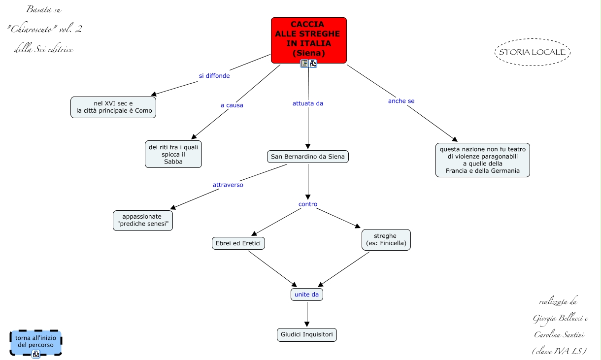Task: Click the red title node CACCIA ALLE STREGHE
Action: (308, 40)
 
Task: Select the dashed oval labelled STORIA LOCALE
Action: (533, 52)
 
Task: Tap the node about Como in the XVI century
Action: (113, 107)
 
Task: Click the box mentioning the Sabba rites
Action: (173, 154)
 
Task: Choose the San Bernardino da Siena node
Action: (308, 157)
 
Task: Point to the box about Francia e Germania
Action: (483, 160)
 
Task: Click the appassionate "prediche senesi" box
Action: (143, 221)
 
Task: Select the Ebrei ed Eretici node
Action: (238, 243)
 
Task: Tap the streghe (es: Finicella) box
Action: (386, 240)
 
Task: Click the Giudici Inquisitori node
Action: (307, 335)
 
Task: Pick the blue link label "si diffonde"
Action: (214, 76)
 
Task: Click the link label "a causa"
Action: (232, 105)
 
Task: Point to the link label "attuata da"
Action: (308, 103)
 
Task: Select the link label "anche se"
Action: (401, 101)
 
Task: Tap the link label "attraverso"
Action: (228, 185)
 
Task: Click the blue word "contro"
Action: (308, 204)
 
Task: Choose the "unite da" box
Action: (307, 295)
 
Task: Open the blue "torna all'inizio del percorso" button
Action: (36, 343)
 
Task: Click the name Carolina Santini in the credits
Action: (559, 335)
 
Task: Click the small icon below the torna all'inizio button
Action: (35, 354)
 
